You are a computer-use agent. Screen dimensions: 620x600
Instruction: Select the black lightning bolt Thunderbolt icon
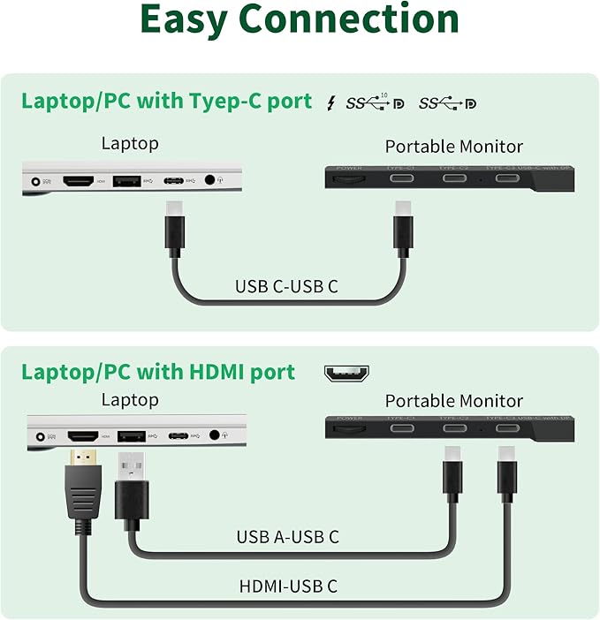(x=331, y=102)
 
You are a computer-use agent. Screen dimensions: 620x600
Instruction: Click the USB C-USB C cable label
(x=286, y=286)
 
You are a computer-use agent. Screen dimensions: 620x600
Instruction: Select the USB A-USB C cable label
(x=287, y=536)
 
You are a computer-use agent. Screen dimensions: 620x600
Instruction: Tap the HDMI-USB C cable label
(x=287, y=585)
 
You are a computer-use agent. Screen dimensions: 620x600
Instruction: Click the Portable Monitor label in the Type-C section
(x=453, y=147)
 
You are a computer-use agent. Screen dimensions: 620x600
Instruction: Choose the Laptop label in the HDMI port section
(x=130, y=399)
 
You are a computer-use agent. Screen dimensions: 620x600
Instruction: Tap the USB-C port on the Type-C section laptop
(x=172, y=180)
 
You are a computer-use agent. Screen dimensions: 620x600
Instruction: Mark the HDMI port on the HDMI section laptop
(x=82, y=435)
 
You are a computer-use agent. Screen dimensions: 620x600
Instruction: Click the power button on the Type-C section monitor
(x=350, y=179)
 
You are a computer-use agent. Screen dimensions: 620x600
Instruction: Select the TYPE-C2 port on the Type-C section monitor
(x=455, y=179)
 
